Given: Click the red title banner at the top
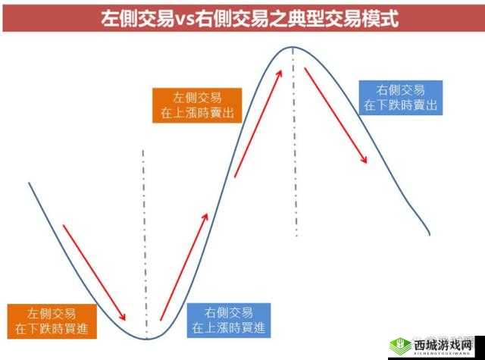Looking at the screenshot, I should click(242, 18).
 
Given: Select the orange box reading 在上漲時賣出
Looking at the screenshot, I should click(197, 105).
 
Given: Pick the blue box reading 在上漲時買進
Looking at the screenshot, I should click(229, 321).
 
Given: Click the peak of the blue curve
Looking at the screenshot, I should click(293, 48).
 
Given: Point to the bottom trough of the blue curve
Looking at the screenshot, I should click(146, 337).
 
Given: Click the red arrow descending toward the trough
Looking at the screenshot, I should click(94, 271).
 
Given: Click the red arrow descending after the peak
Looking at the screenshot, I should click(336, 114).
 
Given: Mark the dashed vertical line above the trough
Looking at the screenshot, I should click(144, 227).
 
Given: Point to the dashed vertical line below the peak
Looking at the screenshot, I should click(294, 152).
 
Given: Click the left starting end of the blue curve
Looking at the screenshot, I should click(29, 183).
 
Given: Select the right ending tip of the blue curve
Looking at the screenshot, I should click(430, 233).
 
